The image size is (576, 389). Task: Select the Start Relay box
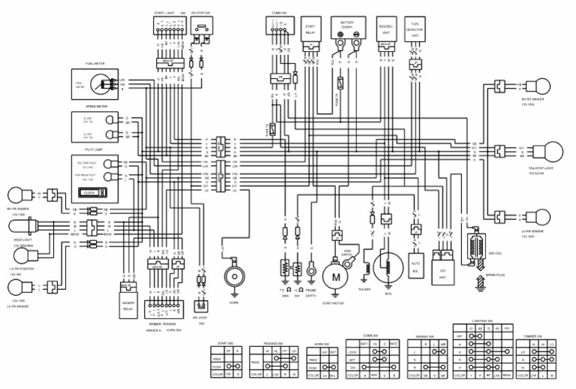[x=310, y=29]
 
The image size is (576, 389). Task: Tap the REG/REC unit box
[x=385, y=30]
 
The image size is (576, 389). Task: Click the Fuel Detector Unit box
[x=415, y=30]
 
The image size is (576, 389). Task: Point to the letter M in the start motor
[x=336, y=277]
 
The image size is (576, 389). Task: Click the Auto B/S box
[x=416, y=266]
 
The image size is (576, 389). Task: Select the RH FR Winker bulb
[x=17, y=194]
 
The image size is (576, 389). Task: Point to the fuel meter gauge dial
[x=108, y=86]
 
